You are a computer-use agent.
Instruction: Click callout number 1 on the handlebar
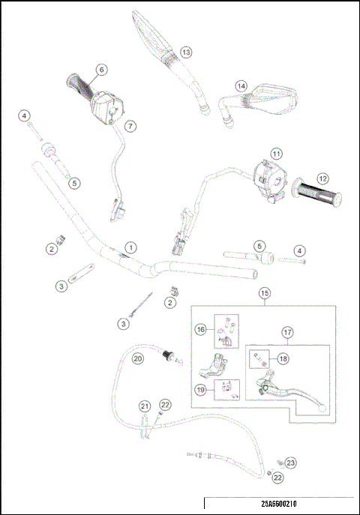(131, 247)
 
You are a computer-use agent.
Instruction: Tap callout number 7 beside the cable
(130, 126)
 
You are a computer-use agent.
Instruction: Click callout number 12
(322, 179)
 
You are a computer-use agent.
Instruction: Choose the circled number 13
(185, 52)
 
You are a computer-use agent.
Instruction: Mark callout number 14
(241, 85)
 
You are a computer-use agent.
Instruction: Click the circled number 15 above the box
(264, 293)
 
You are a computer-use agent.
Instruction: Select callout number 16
(201, 329)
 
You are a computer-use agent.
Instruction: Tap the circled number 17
(287, 333)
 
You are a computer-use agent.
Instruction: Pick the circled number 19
(201, 389)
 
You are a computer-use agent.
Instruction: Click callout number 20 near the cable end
(138, 359)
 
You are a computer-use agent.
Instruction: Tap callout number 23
(291, 463)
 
